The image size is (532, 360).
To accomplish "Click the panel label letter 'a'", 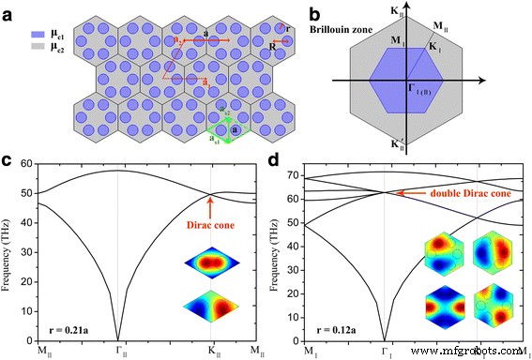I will coord(8,10).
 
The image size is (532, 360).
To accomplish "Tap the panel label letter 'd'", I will coord(272,158).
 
